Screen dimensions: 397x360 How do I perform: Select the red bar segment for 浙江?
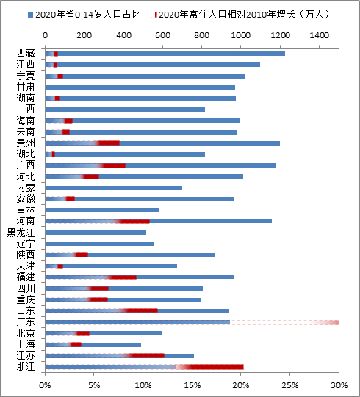click(x=213, y=366)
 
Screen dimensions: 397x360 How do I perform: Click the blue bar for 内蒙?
click(x=114, y=188)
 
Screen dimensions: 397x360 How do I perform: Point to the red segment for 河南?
click(x=136, y=221)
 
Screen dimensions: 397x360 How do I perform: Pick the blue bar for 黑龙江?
click(x=96, y=232)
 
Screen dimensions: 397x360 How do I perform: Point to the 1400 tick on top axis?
click(x=320, y=35)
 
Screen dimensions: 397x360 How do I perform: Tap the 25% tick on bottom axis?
click(x=290, y=385)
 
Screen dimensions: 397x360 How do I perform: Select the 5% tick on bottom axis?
click(x=94, y=385)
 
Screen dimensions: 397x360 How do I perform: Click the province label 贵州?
click(x=25, y=143)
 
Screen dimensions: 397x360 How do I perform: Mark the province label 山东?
click(x=25, y=311)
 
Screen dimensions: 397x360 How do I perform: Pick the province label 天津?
click(x=25, y=266)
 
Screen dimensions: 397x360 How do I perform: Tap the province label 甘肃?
click(x=25, y=87)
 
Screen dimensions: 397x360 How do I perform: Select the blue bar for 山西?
click(x=125, y=110)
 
